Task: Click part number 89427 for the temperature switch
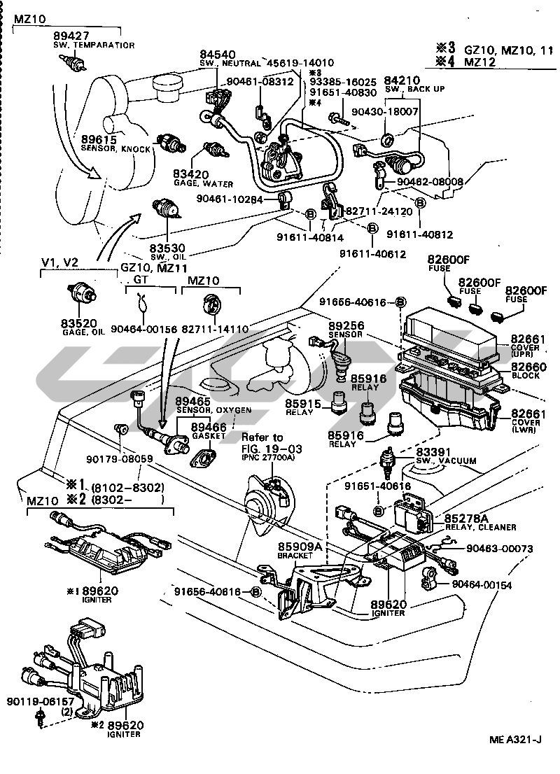tap(72, 36)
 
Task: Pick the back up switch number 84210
tap(402, 81)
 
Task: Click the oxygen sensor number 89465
tap(193, 400)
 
